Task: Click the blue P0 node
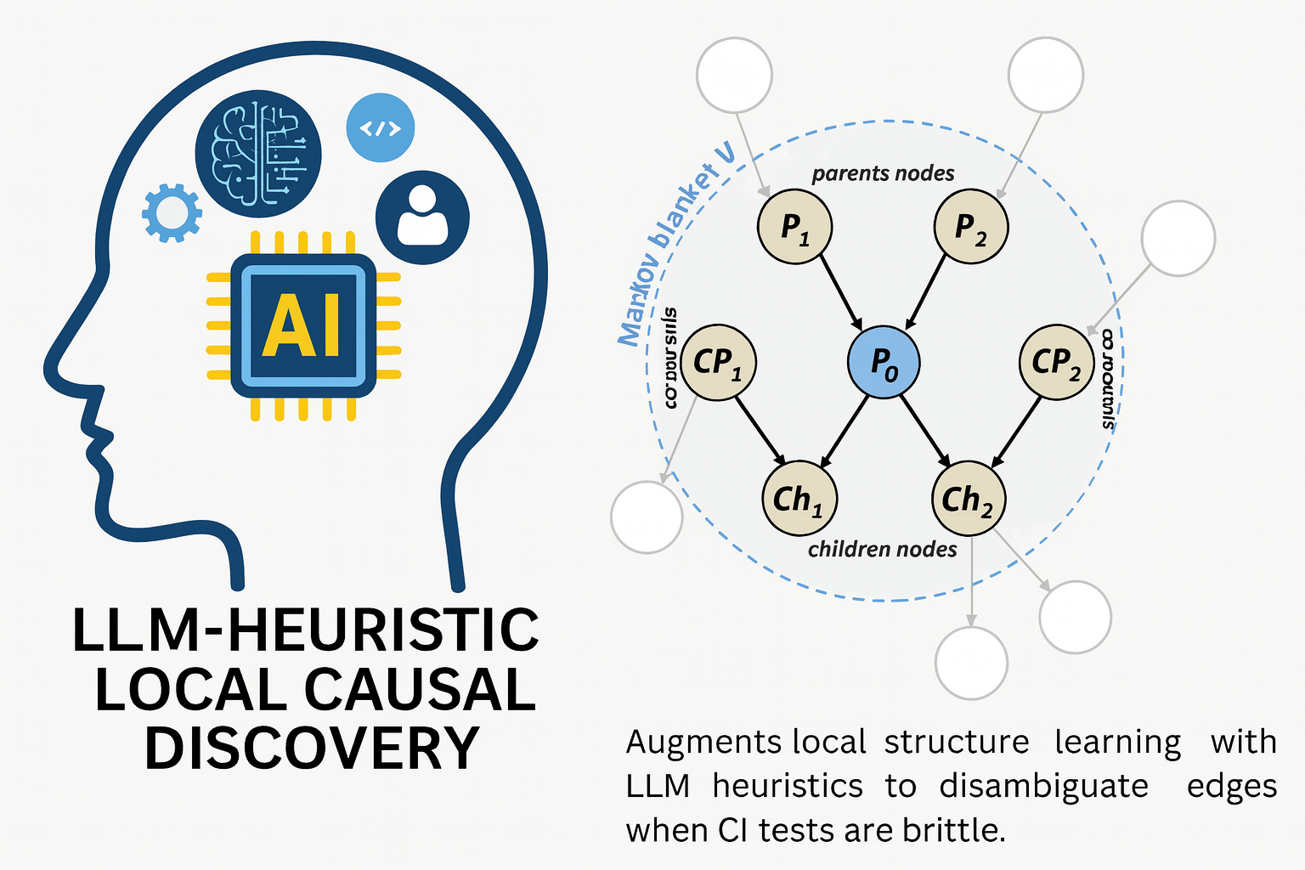point(884,362)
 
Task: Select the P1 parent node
point(794,227)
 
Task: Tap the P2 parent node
point(970,227)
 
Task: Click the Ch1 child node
point(799,499)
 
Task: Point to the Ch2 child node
point(968,499)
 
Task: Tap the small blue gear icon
point(172,213)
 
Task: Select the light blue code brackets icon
point(380,128)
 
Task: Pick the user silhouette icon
point(422,218)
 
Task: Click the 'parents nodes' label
point(883,174)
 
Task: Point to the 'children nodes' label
point(882,550)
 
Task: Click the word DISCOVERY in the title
point(312,749)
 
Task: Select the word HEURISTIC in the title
point(382,630)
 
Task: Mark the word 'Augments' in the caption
point(703,743)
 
